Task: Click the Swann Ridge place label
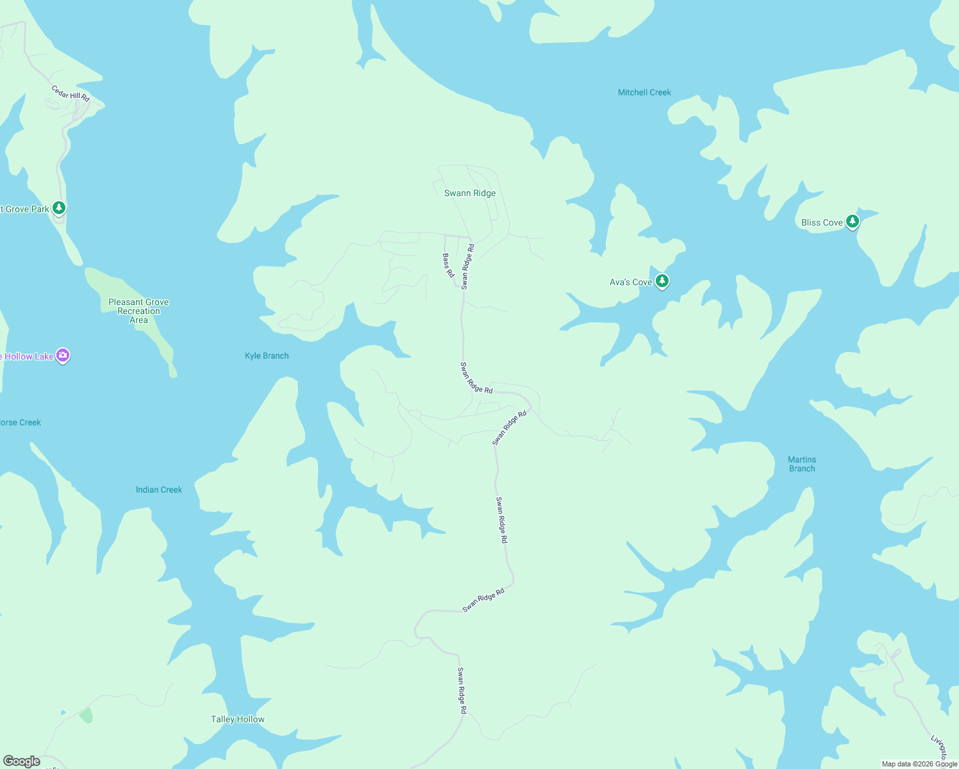(470, 193)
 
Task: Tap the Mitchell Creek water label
(644, 92)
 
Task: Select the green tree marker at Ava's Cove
(662, 281)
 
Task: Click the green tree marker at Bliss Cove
(852, 222)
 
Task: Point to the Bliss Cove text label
(822, 222)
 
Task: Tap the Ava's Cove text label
(630, 282)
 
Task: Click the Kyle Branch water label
(267, 356)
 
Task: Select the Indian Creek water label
(159, 490)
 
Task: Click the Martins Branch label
(802, 464)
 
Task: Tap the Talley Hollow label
(238, 719)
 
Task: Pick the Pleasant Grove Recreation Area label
(138, 311)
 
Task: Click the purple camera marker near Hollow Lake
(63, 356)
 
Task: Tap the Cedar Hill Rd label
(71, 94)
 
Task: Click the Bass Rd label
(448, 265)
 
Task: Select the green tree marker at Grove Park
(59, 208)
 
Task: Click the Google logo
(22, 761)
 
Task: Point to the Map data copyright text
(919, 764)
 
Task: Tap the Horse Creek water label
(21, 422)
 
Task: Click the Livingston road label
(939, 748)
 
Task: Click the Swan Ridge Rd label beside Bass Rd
(467, 267)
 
